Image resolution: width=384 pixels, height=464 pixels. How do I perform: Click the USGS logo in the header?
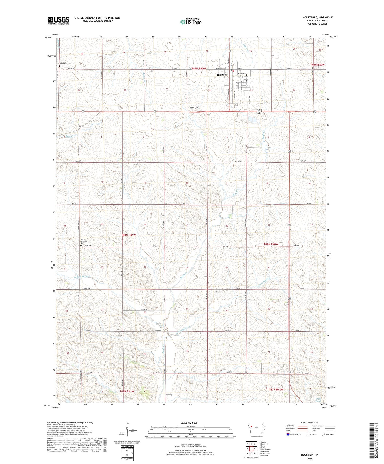coord(58,20)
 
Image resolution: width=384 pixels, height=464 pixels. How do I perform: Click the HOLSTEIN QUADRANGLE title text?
coord(317,17)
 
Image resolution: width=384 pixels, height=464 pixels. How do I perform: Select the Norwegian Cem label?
coord(65,63)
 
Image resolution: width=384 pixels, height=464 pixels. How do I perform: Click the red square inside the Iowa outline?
coord(252,426)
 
